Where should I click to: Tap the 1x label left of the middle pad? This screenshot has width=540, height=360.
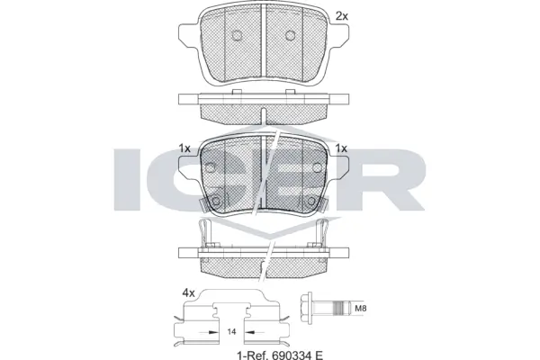tap(184, 148)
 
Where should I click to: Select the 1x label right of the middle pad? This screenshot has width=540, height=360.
tap(341, 148)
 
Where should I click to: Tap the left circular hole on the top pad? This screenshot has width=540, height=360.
tap(238, 36)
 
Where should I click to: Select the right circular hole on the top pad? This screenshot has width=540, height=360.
tap(290, 36)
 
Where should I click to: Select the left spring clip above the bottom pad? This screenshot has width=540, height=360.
tap(206, 233)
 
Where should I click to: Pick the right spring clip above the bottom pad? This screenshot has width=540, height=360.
tap(322, 233)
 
